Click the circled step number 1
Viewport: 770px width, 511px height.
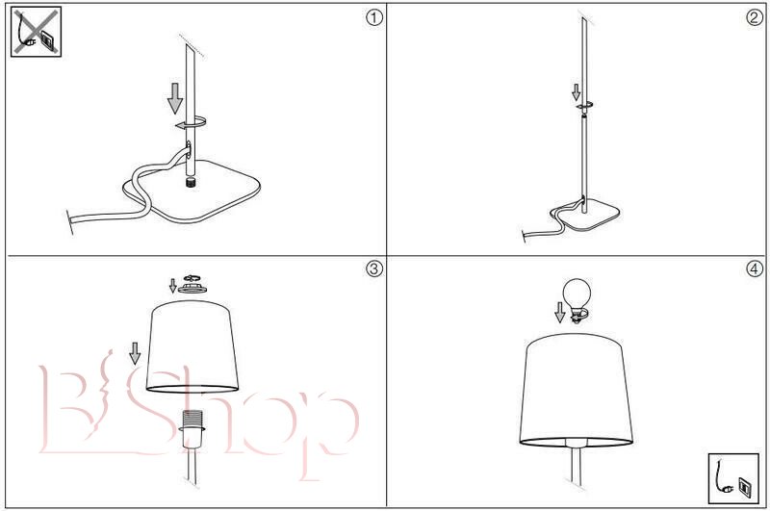(374, 17)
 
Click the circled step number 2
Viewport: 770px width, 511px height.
(755, 17)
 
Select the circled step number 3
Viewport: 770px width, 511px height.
(374, 268)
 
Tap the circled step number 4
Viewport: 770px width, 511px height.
(755, 268)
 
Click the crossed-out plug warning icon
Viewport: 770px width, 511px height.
(36, 33)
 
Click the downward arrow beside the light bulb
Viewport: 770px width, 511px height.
(560, 313)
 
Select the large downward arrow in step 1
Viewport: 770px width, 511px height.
(175, 98)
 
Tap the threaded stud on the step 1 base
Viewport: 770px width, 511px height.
(190, 184)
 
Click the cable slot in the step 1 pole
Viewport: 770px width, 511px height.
(189, 150)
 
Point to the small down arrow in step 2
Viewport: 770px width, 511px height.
(576, 92)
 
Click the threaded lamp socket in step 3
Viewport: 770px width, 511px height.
(192, 428)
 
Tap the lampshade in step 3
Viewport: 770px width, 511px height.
(192, 346)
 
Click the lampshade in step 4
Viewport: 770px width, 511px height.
(576, 391)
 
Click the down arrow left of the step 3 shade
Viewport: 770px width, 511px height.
(135, 353)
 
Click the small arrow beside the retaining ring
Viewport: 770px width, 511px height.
(172, 286)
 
